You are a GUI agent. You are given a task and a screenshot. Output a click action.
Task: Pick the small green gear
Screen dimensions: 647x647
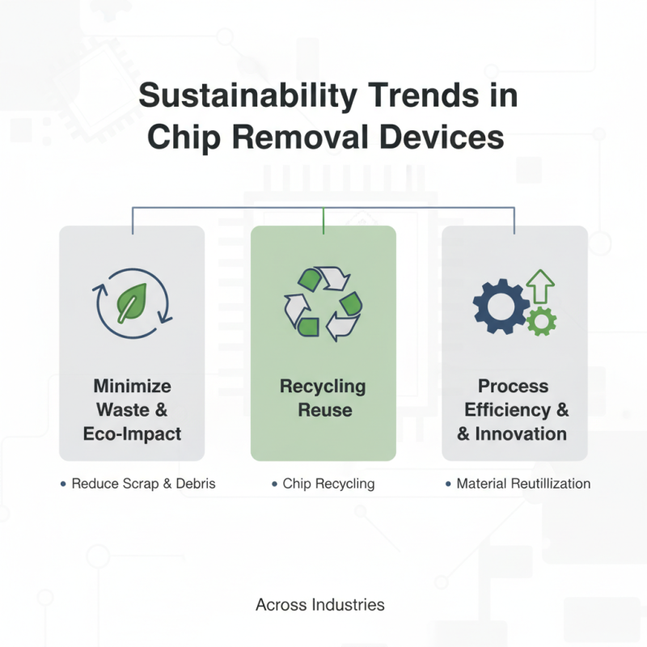[x=540, y=321]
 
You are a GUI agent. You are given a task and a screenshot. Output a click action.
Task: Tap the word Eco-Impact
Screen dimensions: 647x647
[x=132, y=433]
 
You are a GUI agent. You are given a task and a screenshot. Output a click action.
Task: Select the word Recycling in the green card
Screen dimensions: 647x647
[x=323, y=386]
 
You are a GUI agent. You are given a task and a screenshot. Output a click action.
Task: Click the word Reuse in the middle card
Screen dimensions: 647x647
[x=323, y=410]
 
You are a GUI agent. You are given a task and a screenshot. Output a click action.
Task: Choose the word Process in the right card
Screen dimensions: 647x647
[x=513, y=386]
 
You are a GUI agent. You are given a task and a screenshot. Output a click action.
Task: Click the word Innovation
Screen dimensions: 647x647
[x=521, y=434]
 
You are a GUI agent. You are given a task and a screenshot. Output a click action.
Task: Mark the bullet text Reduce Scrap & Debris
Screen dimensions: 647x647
[x=143, y=484]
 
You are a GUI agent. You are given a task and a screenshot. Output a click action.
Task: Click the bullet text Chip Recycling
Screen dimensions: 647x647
[x=328, y=484]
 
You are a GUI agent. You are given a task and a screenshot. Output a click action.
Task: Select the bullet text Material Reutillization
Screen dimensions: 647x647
[x=523, y=484]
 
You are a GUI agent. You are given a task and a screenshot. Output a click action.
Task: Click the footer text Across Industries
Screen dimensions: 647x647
[x=319, y=604]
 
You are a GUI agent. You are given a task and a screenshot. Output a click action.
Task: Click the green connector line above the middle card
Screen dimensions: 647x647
[x=323, y=221]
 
